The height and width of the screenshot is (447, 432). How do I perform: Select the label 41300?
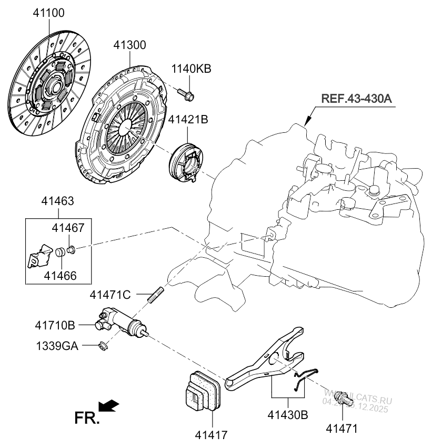pos(129,46)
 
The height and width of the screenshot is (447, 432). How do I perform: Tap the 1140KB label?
pos(191,69)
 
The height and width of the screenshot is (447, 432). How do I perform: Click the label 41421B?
pos(188,120)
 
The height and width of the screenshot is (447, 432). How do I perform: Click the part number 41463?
pos(58,201)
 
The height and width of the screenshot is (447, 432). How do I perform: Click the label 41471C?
pos(110,295)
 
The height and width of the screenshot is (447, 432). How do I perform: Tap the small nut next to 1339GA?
pos(103,346)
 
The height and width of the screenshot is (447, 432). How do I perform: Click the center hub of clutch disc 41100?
pos(52,85)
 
